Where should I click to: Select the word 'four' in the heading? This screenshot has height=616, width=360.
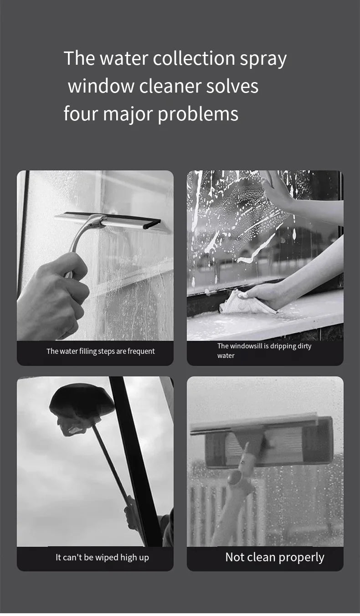coord(80,114)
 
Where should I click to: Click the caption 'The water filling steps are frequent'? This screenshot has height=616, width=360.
coord(100,351)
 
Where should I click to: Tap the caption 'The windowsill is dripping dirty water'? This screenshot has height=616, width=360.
coord(264,351)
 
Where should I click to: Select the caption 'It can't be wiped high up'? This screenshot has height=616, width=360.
coord(102,557)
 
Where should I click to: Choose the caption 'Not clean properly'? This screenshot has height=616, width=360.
coord(274,557)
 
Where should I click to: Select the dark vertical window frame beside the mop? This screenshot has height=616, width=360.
coord(134,456)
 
